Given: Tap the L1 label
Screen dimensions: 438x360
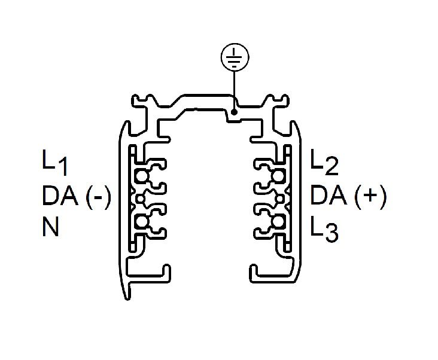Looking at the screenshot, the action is [55, 163].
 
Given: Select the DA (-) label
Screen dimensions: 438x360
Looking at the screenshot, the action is [77, 196].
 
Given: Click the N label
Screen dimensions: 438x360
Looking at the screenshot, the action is [50, 226].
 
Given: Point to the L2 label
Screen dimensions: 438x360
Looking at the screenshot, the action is [324, 162].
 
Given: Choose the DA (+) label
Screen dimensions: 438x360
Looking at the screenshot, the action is [349, 196].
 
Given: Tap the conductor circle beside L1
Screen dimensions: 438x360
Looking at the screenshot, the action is [142, 176].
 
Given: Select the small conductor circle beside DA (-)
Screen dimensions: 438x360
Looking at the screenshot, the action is [141, 199].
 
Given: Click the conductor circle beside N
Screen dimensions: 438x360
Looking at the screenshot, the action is [142, 222].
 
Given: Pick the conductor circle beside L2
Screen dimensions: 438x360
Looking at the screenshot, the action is [278, 176].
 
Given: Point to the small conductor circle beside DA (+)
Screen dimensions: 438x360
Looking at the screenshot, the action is [279, 199].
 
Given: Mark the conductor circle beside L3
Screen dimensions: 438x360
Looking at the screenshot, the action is [278, 222].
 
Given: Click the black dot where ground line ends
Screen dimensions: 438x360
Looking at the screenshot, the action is [235, 112].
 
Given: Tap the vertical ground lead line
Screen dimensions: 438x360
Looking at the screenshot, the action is [235, 90].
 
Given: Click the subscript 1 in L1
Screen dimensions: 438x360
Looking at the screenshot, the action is [63, 167].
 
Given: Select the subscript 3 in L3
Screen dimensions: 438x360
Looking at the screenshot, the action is [331, 233].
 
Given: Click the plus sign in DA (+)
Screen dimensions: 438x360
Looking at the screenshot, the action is [369, 195].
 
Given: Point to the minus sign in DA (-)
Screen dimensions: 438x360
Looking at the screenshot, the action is [98, 197].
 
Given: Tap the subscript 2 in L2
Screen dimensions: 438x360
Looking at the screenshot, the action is [332, 166].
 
